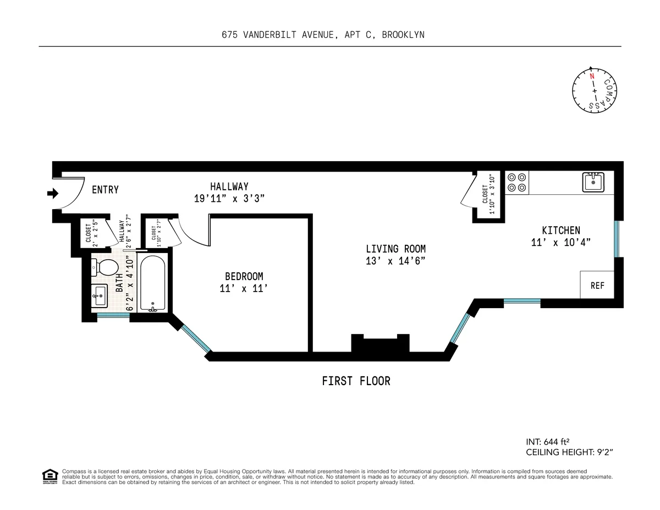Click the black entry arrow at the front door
(x=53, y=193)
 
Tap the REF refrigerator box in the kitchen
(x=597, y=286)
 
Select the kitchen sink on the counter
(x=593, y=182)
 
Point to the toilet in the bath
(x=107, y=268)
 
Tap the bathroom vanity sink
(x=100, y=296)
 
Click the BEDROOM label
(x=244, y=276)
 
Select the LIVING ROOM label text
(x=395, y=249)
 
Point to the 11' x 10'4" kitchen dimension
(x=560, y=242)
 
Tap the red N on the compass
(x=592, y=76)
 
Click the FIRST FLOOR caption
(x=356, y=381)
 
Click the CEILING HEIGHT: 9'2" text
(x=569, y=452)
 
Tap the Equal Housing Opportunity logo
(x=50, y=476)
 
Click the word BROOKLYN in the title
(x=403, y=35)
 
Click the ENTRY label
(x=105, y=190)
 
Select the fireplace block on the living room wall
(x=381, y=344)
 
